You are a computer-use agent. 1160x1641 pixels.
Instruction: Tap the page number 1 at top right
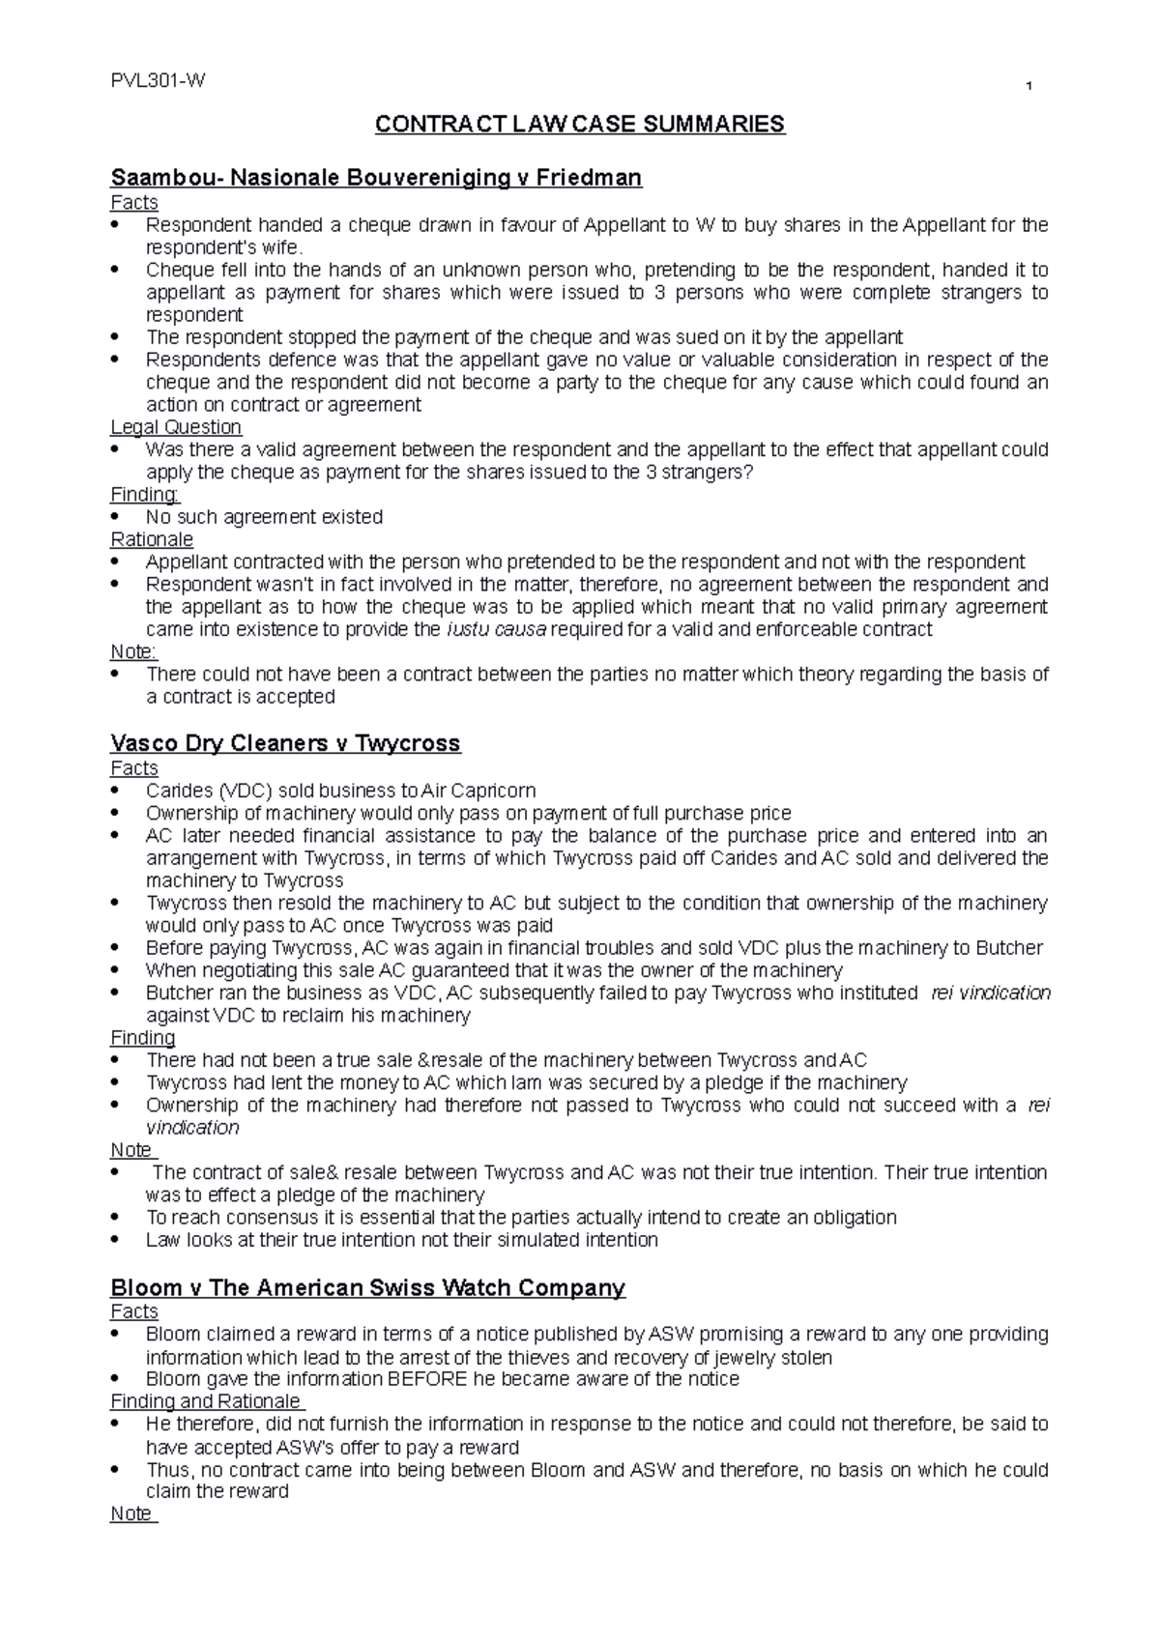[1029, 89]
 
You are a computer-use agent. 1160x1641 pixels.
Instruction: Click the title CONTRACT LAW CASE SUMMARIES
[580, 125]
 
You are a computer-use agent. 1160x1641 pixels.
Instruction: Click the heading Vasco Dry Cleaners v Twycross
[285, 743]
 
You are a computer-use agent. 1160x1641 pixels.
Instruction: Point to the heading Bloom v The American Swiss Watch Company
[368, 1287]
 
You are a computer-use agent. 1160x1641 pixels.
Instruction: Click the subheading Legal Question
[176, 427]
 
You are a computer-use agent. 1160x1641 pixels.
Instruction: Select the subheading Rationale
[152, 539]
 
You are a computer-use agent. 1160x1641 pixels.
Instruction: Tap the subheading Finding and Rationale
[206, 1401]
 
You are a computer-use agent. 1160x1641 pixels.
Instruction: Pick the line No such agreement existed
[264, 517]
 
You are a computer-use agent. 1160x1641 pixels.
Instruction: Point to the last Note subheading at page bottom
[131, 1513]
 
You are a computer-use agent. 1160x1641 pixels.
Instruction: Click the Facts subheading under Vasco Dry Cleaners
[134, 768]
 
